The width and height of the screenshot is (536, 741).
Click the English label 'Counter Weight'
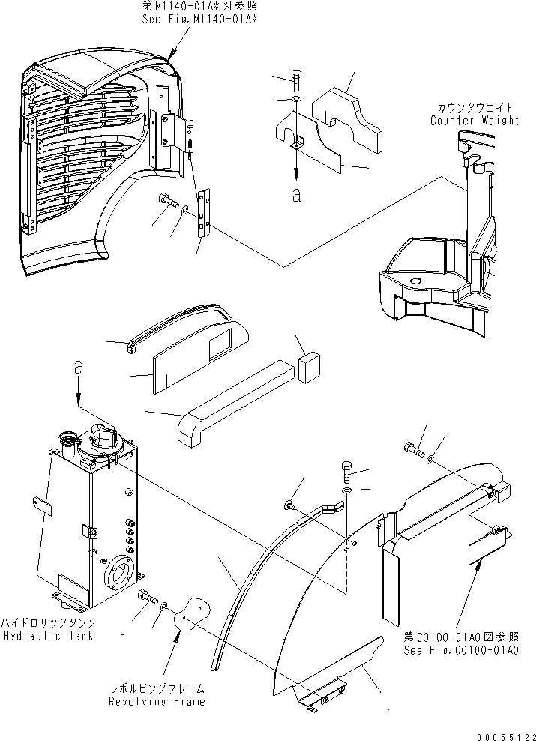pyautogui.click(x=474, y=120)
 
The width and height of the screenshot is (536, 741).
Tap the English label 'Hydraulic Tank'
pyautogui.click(x=47, y=636)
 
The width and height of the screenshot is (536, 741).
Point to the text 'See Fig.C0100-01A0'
pyautogui.click(x=459, y=649)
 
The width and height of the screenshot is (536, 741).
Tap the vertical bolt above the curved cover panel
pyautogui.click(x=346, y=472)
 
